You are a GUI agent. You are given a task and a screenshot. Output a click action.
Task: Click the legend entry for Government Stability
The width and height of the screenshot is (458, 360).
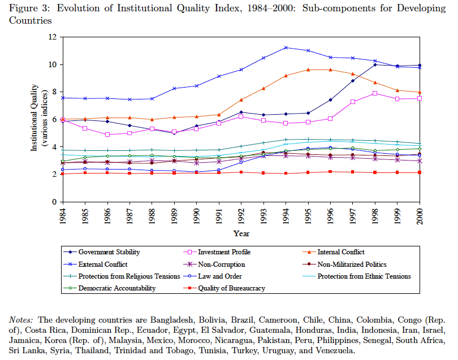click(109, 251)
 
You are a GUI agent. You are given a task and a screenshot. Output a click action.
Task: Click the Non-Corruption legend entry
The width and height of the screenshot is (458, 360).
click(222, 264)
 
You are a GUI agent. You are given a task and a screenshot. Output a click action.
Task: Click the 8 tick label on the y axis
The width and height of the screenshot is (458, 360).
click(54, 92)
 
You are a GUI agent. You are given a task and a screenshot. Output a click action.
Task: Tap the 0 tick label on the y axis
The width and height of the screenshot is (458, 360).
click(54, 202)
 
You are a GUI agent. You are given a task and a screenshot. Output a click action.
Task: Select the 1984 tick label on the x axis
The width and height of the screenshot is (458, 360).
click(63, 216)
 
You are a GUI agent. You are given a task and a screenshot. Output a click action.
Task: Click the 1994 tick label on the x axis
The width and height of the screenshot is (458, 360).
click(286, 216)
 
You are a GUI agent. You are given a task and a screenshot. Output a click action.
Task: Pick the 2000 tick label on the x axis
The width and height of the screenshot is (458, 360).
click(420, 216)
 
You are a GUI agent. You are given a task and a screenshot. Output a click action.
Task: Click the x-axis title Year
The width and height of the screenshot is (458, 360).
click(241, 233)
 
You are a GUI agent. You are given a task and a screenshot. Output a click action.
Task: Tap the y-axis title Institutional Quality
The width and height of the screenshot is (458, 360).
click(34, 119)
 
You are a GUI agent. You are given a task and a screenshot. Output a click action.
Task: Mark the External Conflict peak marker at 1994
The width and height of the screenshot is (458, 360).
click(286, 47)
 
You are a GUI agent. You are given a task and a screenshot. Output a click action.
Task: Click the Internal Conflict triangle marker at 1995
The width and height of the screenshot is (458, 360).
click(308, 70)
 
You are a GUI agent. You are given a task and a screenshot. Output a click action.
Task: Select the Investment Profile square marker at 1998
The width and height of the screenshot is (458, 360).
click(375, 93)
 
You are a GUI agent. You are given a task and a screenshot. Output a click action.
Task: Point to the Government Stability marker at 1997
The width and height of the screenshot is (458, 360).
click(353, 81)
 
